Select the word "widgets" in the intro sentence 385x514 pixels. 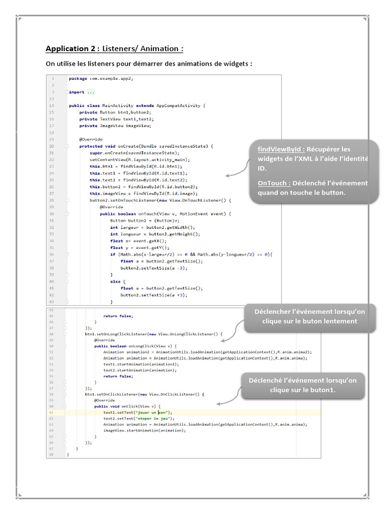tap(231, 64)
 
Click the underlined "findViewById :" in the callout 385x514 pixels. tap(281, 149)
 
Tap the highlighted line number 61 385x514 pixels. tap(51, 412)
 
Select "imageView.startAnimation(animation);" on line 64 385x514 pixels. tap(144, 430)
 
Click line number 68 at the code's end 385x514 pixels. tap(51, 454)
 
